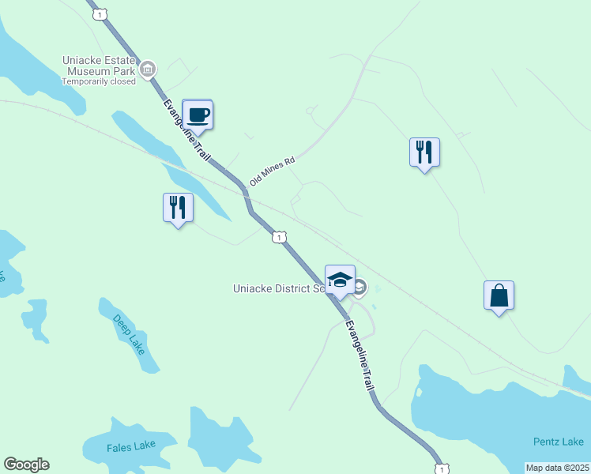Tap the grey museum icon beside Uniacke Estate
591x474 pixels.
coord(147,70)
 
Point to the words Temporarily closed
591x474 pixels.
coord(99,81)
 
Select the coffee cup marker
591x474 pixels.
coord(198,114)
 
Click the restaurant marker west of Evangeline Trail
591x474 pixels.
coord(178,208)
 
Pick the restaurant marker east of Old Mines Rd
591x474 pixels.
coord(424,152)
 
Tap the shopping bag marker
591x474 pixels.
coord(499,295)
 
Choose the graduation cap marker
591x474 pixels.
coord(340,280)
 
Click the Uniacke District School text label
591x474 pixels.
coord(279,288)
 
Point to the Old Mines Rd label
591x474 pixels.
coord(272,171)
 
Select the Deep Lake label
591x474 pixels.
coord(129,334)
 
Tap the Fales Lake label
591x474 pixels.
coord(131,446)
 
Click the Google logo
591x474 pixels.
coord(26,465)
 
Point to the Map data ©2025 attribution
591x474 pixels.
coord(558,468)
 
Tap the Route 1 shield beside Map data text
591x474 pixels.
coord(442,469)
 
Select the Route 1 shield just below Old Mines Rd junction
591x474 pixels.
coord(279,237)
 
